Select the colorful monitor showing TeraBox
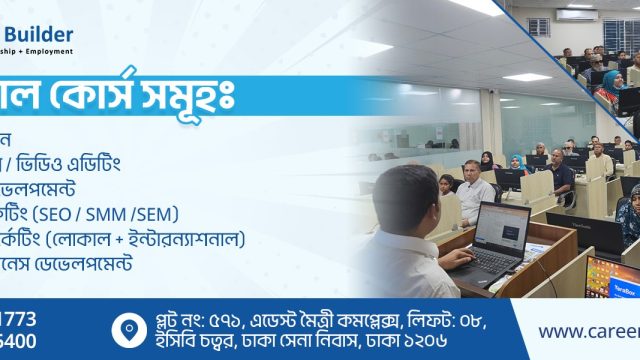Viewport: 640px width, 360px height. (612, 276)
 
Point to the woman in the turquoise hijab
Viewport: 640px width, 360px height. (610, 80)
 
